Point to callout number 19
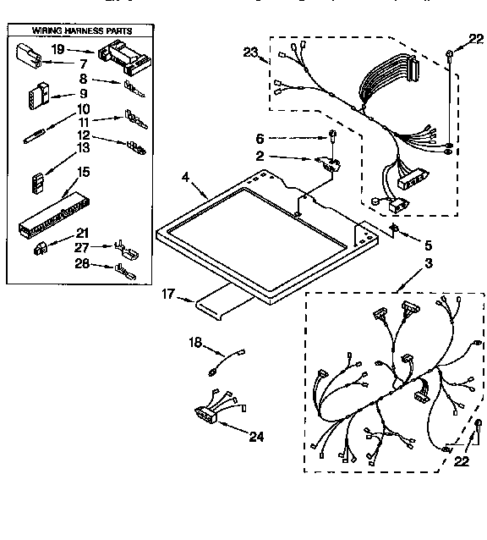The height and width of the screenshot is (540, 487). [x=58, y=50]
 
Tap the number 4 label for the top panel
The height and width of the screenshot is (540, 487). [x=186, y=177]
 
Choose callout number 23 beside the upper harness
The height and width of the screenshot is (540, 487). [x=249, y=52]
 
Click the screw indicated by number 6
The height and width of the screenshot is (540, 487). [x=333, y=135]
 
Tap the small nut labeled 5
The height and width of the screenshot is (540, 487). [x=394, y=229]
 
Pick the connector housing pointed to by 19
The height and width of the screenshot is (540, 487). [x=122, y=58]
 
